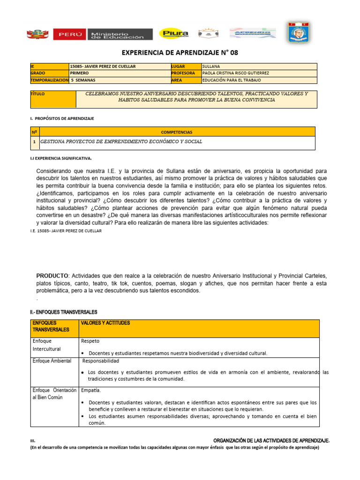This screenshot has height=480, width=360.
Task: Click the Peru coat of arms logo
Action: pyautogui.click(x=38, y=34)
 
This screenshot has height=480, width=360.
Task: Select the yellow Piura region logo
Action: pyautogui.click(x=174, y=33)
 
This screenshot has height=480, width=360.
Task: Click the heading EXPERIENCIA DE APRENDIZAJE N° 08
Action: pyautogui.click(x=180, y=53)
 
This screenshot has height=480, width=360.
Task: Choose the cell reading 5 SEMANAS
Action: pyautogui.click(x=83, y=80)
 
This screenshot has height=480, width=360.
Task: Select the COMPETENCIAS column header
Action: pyautogui.click(x=177, y=132)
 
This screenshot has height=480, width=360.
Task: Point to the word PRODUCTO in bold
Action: pyautogui.click(x=52, y=275)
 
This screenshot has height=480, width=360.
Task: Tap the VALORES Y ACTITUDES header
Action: pyautogui.click(x=105, y=323)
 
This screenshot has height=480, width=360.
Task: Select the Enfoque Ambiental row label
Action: pyautogui.click(x=52, y=360)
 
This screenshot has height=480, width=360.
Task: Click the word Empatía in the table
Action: pyautogui.click(x=91, y=390)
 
